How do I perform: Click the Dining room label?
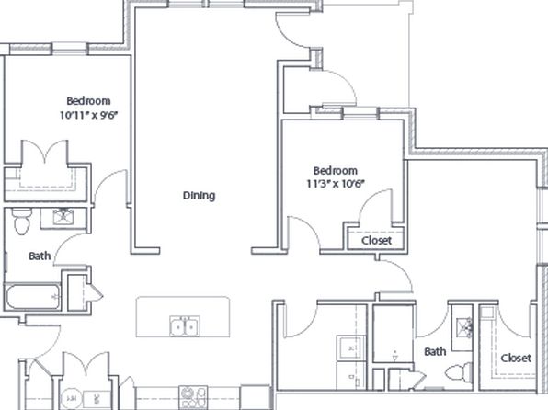tap(199, 196)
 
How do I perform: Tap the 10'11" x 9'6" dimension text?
tap(87, 115)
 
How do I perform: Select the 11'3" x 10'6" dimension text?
tap(336, 184)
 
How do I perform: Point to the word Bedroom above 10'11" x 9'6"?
tap(89, 101)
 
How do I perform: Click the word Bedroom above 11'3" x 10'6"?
tap(336, 171)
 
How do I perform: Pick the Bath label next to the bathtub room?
tap(40, 256)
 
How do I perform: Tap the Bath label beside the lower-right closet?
tap(435, 351)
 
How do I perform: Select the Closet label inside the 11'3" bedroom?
tap(376, 241)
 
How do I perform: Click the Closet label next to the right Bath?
tap(516, 358)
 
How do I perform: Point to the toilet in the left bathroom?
tap(22, 222)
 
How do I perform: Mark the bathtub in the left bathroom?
tap(33, 297)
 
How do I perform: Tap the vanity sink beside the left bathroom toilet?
tap(63, 216)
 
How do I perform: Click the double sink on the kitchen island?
tap(185, 326)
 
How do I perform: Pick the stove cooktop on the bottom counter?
tap(193, 397)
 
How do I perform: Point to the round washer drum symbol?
tap(72, 398)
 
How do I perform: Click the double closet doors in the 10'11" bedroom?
tap(45, 152)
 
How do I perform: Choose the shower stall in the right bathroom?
tap(394, 334)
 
